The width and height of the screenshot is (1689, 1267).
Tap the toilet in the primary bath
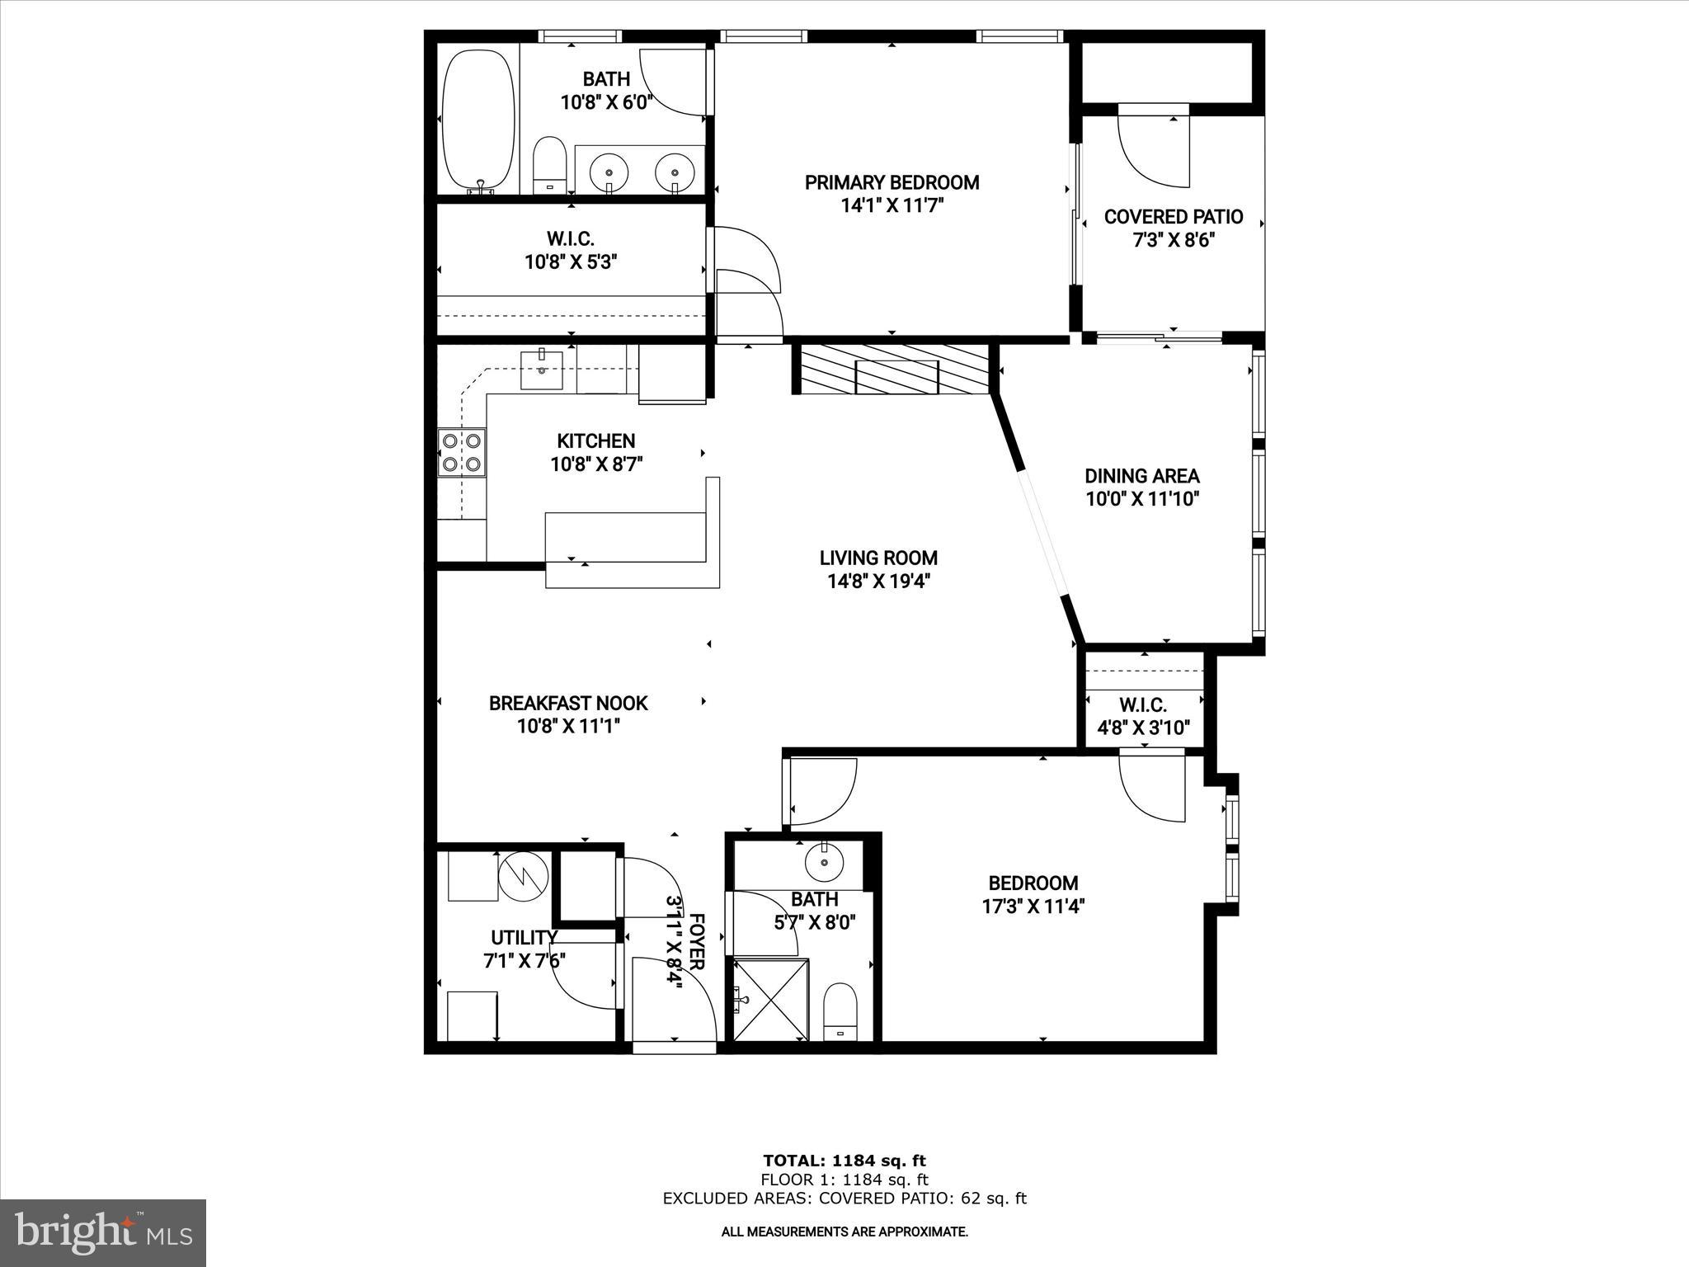(548, 165)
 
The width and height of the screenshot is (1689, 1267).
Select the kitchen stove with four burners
(462, 453)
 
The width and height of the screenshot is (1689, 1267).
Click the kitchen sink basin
(542, 369)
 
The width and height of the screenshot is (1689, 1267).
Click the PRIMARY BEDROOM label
(892, 182)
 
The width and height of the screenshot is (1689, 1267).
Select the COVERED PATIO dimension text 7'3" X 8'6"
(1174, 241)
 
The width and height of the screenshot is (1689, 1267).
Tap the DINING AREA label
(1141, 476)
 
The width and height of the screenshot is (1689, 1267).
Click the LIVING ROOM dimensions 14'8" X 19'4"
(878, 582)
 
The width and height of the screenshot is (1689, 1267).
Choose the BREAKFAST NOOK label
(568, 704)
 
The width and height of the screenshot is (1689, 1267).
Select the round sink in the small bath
(825, 862)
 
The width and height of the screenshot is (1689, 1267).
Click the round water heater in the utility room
(523, 877)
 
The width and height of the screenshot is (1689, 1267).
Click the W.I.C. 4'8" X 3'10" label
(1143, 705)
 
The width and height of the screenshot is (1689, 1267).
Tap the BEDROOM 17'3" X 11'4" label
(1033, 883)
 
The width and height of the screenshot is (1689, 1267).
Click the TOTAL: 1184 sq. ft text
(844, 1161)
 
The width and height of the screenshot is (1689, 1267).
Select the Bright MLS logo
(103, 1232)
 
